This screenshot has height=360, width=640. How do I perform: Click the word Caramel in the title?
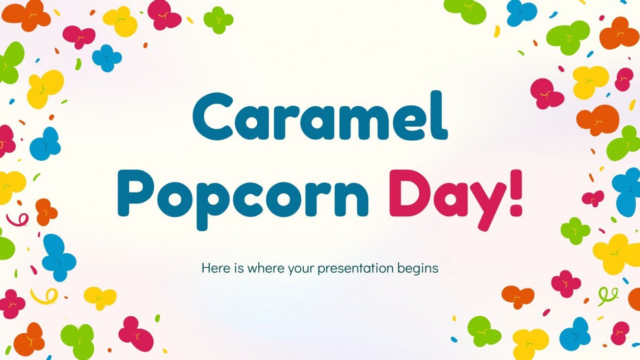coord(320,118)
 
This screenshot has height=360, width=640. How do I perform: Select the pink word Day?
coord(448,194)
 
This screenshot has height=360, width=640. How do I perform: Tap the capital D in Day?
coord(407,191)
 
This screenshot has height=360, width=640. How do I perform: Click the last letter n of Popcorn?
coord(352,198)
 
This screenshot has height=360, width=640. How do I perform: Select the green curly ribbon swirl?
coord(607,295)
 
